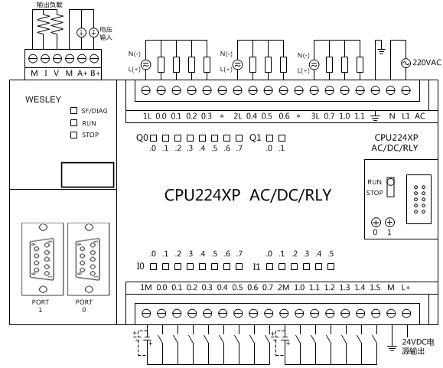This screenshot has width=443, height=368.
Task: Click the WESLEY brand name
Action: [43, 99]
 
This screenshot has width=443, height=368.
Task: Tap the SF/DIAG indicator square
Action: [73, 110]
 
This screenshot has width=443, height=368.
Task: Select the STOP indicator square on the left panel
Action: [73, 135]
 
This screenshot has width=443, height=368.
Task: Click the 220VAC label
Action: [427, 63]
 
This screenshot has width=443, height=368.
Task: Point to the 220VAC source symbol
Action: [406, 63]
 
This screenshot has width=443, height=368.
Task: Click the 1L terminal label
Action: [147, 116]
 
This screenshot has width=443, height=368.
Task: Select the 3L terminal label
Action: [314, 116]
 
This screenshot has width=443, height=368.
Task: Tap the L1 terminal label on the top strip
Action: [406, 116]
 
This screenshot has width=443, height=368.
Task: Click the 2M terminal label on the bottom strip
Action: [283, 288]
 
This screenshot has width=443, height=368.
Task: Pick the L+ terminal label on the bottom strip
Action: [406, 288]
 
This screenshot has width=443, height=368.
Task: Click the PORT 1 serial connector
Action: [43, 259]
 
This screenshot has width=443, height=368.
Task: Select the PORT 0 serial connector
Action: [89, 259]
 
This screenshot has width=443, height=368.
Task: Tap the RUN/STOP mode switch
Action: [390, 187]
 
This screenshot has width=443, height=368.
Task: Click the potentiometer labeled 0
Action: [376, 223]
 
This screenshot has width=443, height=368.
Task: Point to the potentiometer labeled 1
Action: [390, 223]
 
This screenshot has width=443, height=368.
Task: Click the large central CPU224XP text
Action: [202, 195]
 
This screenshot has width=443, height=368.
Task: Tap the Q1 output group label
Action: [255, 138]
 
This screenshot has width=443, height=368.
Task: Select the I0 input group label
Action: [141, 266]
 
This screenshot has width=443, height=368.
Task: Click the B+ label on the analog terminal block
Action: [95, 73]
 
